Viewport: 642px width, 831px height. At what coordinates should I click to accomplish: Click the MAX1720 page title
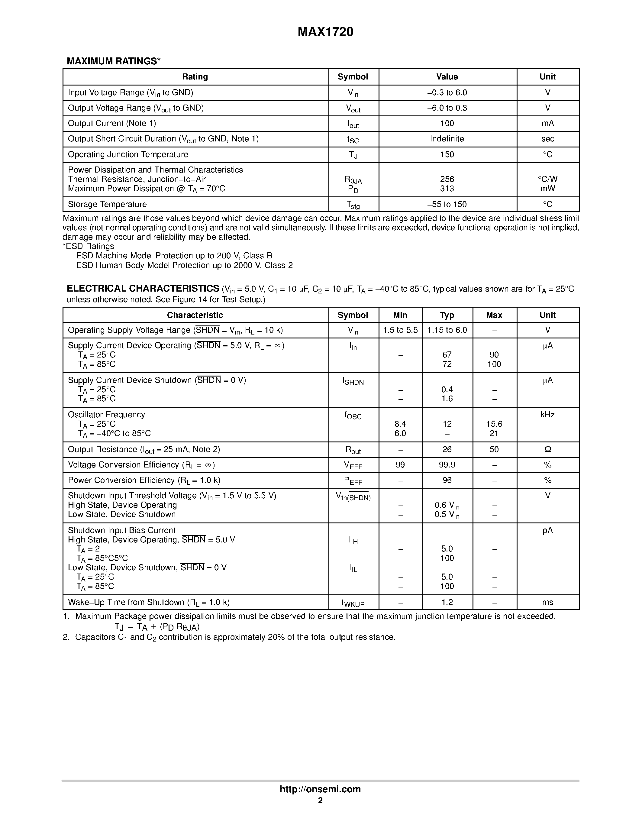click(325, 32)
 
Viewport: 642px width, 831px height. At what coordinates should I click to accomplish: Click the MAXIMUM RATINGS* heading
click(113, 61)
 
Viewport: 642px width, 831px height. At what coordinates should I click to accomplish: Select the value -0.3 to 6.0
click(447, 92)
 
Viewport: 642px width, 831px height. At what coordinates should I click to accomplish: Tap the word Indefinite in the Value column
click(447, 139)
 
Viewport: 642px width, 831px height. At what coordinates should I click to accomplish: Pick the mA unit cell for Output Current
click(547, 123)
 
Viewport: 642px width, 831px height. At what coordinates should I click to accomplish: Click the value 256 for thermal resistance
click(447, 179)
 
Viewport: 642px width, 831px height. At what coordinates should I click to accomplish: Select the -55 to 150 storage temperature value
click(447, 204)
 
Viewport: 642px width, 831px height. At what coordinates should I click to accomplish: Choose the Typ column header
click(447, 315)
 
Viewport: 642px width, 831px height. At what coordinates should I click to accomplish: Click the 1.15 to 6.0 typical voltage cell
click(447, 330)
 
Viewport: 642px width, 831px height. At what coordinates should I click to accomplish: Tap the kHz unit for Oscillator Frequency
click(547, 415)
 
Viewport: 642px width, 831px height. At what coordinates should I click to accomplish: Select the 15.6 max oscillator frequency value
click(494, 424)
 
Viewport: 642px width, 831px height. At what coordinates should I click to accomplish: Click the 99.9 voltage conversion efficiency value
click(447, 465)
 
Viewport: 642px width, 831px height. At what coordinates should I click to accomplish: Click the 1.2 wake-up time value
click(447, 602)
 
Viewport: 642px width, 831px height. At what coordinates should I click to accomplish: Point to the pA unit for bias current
click(547, 530)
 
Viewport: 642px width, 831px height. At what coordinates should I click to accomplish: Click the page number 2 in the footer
click(320, 800)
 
